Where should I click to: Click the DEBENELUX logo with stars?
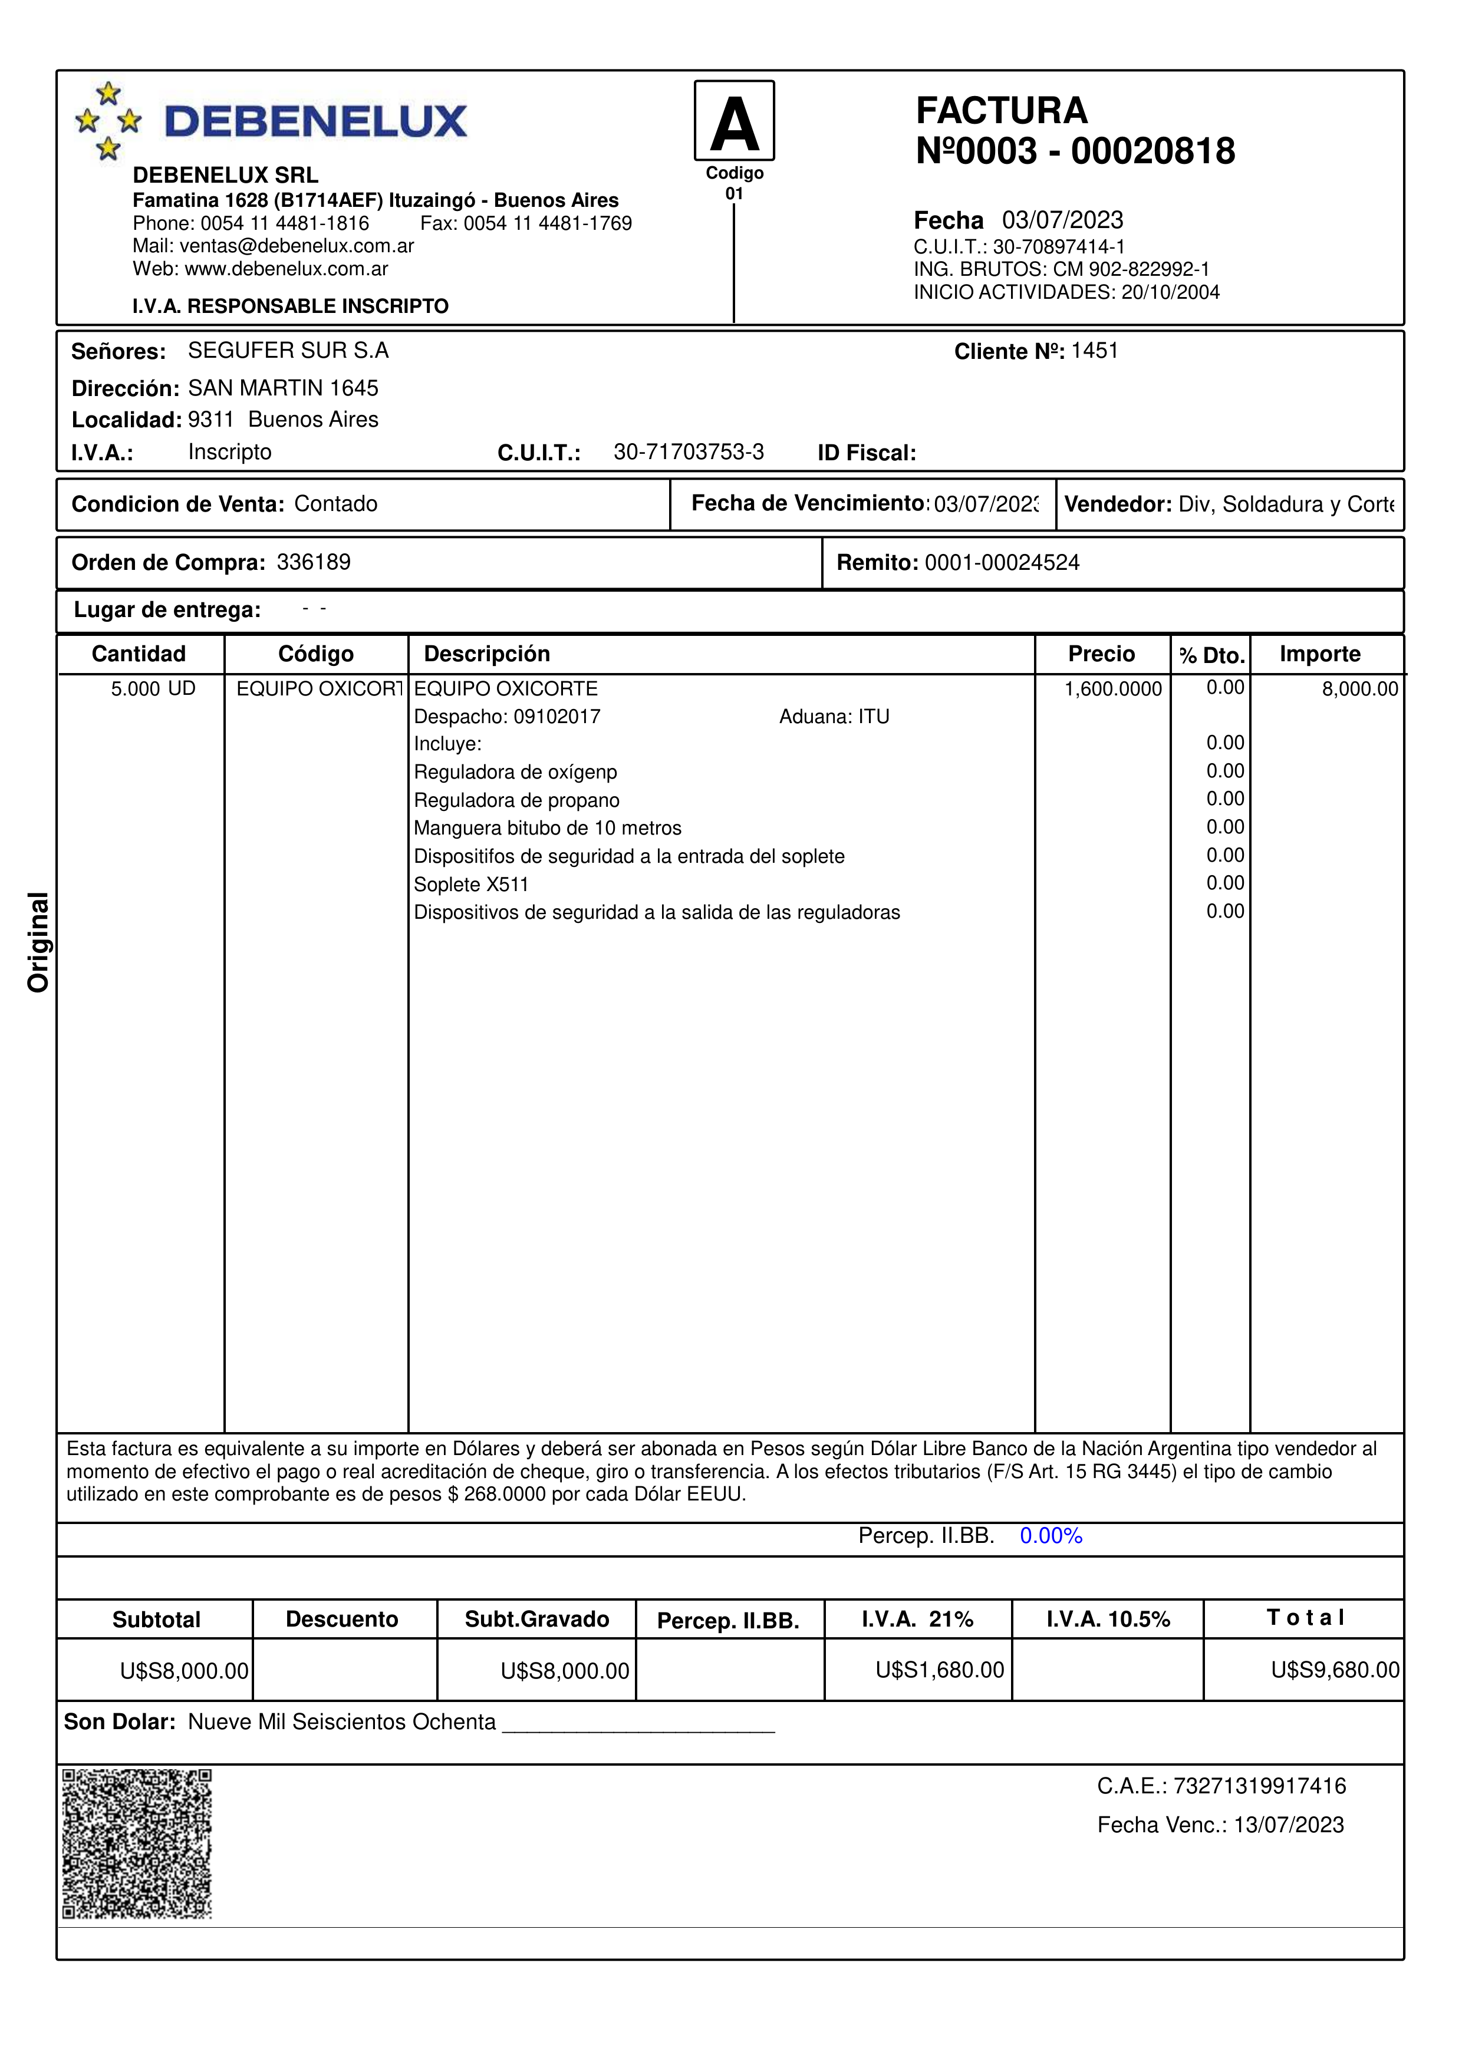270,121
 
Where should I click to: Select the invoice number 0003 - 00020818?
1095,151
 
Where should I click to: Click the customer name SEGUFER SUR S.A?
288,351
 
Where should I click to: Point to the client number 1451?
1095,351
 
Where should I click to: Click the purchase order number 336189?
314,562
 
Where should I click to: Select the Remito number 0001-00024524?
1002,563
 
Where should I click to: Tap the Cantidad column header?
139,654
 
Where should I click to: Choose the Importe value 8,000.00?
1359,689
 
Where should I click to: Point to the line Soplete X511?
471,885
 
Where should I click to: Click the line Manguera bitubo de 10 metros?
548,828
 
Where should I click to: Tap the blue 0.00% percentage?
1051,1536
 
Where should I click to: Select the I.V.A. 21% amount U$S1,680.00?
940,1670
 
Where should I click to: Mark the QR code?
137,1843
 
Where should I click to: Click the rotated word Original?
38,942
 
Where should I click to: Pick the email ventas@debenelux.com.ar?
297,246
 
